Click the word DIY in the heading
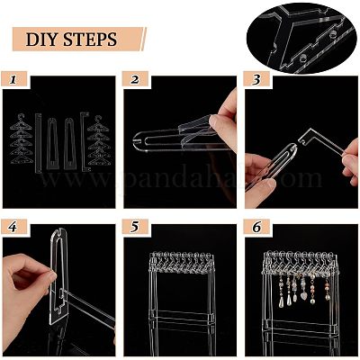(41, 40)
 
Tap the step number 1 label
(13, 79)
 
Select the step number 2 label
(135, 79)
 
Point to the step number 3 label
(256, 79)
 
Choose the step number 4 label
(13, 228)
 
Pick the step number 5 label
(134, 228)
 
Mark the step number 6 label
(256, 228)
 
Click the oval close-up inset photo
(301, 37)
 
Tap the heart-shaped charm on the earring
(303, 295)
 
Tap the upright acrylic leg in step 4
(59, 276)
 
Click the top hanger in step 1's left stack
(21, 122)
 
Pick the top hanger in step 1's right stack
(98, 123)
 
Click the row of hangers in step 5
(182, 262)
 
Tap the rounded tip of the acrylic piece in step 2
(136, 141)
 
